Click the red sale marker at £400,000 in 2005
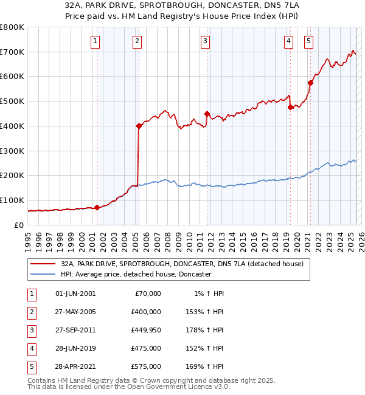click(x=139, y=126)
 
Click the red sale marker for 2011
click(x=207, y=114)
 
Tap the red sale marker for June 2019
click(x=290, y=108)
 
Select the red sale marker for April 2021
click(x=310, y=83)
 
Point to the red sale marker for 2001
click(x=97, y=208)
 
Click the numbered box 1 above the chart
click(x=96, y=41)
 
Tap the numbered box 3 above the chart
click(x=206, y=41)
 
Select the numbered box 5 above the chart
click(x=309, y=41)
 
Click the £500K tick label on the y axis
click(x=12, y=101)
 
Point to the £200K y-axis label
click(x=12, y=176)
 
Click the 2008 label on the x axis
click(x=167, y=238)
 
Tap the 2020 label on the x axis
click(x=297, y=238)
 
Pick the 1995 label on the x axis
click(x=28, y=238)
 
